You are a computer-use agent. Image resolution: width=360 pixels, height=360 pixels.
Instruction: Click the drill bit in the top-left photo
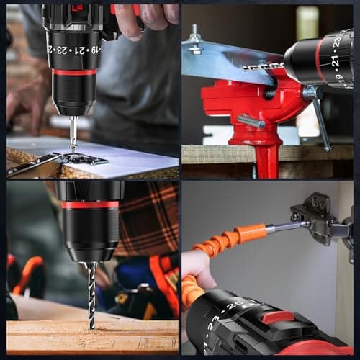[x=73, y=134]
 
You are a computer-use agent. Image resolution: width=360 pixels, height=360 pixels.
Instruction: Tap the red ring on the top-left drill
[x=74, y=71]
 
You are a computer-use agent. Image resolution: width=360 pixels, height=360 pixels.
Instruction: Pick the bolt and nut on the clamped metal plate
[x=194, y=40]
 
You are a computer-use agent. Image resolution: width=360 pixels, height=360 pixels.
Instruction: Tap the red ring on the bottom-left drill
[x=89, y=204]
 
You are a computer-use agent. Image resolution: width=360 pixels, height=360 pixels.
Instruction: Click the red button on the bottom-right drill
[x=277, y=317]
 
